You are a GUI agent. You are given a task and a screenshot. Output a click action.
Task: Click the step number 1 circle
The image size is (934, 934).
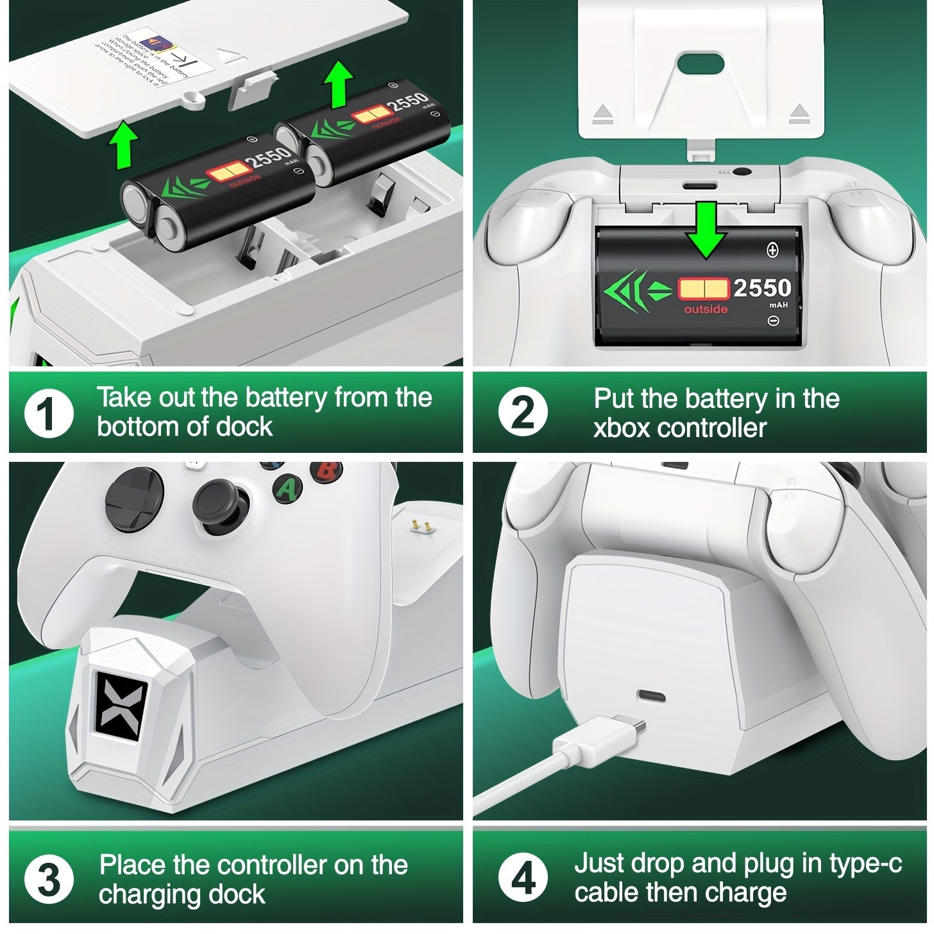[x=48, y=414]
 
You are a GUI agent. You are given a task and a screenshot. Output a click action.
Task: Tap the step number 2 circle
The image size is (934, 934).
[x=523, y=414]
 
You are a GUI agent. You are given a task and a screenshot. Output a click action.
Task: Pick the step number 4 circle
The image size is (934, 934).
[x=523, y=879]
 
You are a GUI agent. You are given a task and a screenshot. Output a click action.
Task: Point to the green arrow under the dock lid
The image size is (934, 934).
[x=123, y=146]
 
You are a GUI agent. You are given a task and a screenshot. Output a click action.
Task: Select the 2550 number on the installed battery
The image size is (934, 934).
[x=761, y=288]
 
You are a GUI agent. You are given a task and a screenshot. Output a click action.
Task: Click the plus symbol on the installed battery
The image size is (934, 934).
[x=772, y=250]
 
